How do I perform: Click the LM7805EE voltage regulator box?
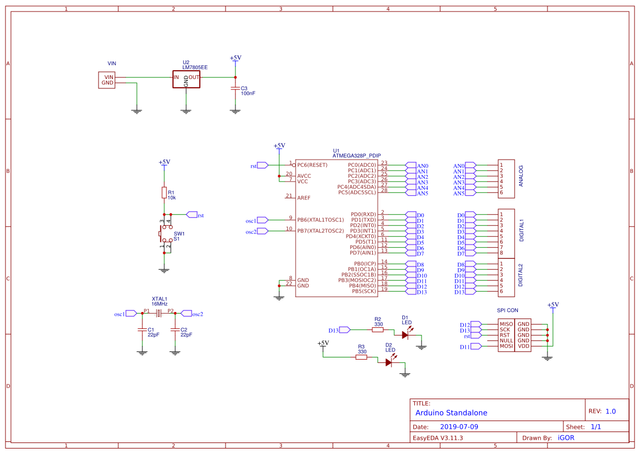coord(186,79)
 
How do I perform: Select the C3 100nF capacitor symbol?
coord(235,88)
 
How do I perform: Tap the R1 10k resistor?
coord(164,192)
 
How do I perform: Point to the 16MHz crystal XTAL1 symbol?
coord(159,313)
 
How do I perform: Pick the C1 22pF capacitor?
coord(142,330)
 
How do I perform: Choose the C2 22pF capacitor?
coord(175,330)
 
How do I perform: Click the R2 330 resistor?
coord(378,330)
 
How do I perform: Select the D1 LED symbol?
coord(405,334)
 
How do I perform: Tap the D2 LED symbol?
coord(389,361)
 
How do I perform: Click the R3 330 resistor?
coord(361,357)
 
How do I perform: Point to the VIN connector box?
coord(107,80)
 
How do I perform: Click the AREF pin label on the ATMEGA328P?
coord(304,198)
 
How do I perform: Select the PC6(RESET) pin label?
coord(312,165)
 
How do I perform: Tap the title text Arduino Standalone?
coord(451,413)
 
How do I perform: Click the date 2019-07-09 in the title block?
coord(459,427)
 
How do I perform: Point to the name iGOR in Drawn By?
coord(566,438)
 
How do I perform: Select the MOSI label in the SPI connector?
coord(506,347)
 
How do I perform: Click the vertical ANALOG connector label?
coord(521,176)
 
